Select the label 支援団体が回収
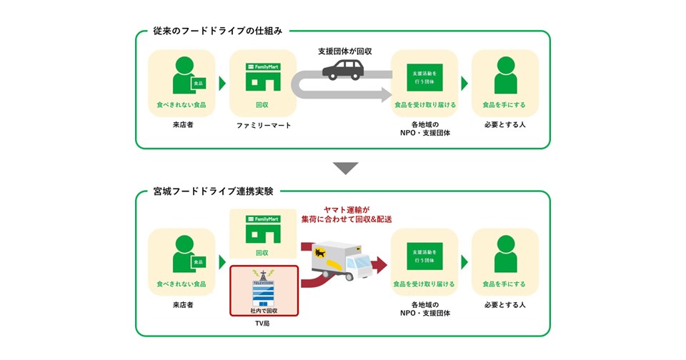coord(345,51)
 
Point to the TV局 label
coord(263,324)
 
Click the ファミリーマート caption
coord(263,126)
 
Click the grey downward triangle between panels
coord(346,169)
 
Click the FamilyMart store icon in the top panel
coord(263,77)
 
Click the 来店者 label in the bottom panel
coord(182,305)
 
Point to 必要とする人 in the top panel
coord(504,126)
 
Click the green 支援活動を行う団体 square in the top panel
coord(425,77)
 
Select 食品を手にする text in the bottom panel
coord(504,284)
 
